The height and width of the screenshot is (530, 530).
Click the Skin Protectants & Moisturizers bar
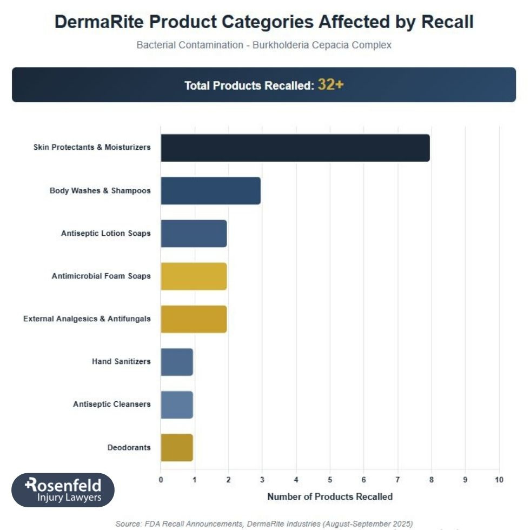(295, 148)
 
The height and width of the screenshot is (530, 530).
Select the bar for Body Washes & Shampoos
(210, 190)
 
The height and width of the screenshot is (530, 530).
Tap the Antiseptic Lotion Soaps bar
(194, 233)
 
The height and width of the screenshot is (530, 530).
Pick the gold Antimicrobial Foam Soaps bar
(194, 276)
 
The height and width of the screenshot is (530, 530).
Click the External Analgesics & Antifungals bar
(194, 319)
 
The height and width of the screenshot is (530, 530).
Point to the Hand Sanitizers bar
(177, 361)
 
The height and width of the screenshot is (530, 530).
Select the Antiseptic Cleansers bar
(177, 404)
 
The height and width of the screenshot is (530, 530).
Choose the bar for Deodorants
(177, 447)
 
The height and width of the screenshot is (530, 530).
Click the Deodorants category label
(129, 447)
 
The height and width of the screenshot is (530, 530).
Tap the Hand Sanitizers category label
(121, 361)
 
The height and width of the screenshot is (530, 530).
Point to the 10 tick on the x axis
(499, 480)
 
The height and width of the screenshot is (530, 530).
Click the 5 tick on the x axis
(330, 480)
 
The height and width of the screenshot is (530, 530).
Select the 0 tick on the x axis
(161, 480)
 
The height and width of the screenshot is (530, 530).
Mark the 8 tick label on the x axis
(432, 480)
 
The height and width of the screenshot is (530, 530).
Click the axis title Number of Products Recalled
(330, 496)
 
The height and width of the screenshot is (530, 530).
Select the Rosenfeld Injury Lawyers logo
(63, 490)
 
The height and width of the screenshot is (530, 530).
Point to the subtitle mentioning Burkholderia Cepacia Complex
(264, 45)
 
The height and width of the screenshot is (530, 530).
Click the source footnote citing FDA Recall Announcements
(264, 524)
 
